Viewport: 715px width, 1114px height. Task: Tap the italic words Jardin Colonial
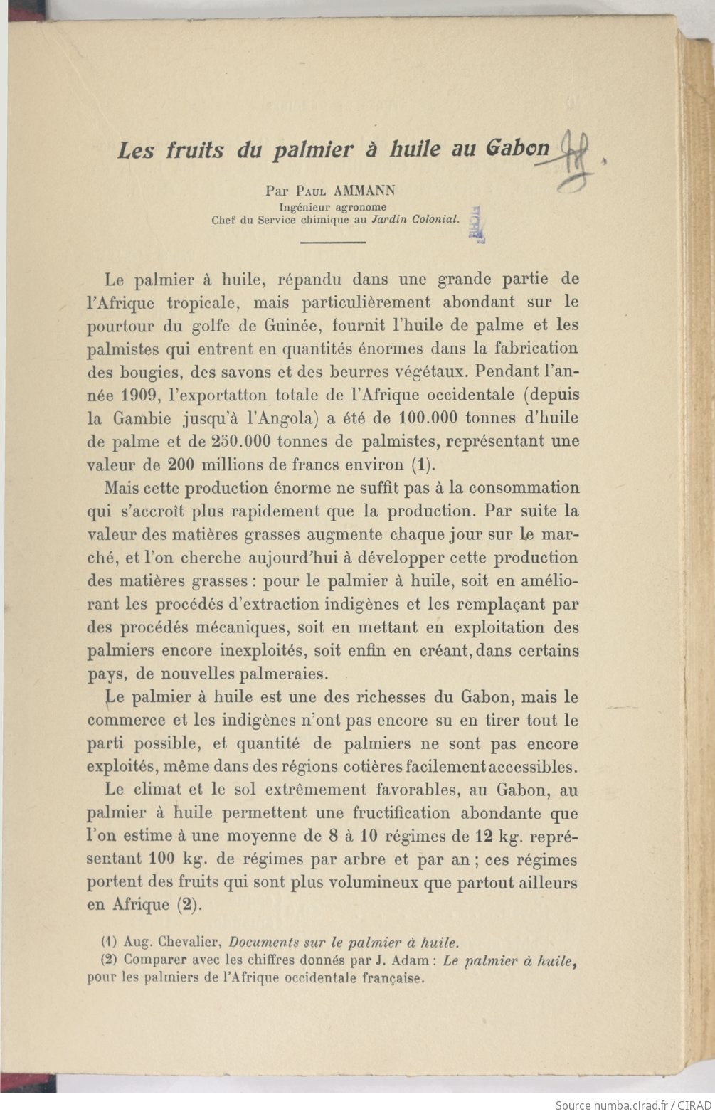(x=416, y=219)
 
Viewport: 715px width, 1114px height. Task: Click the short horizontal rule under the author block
(x=333, y=243)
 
